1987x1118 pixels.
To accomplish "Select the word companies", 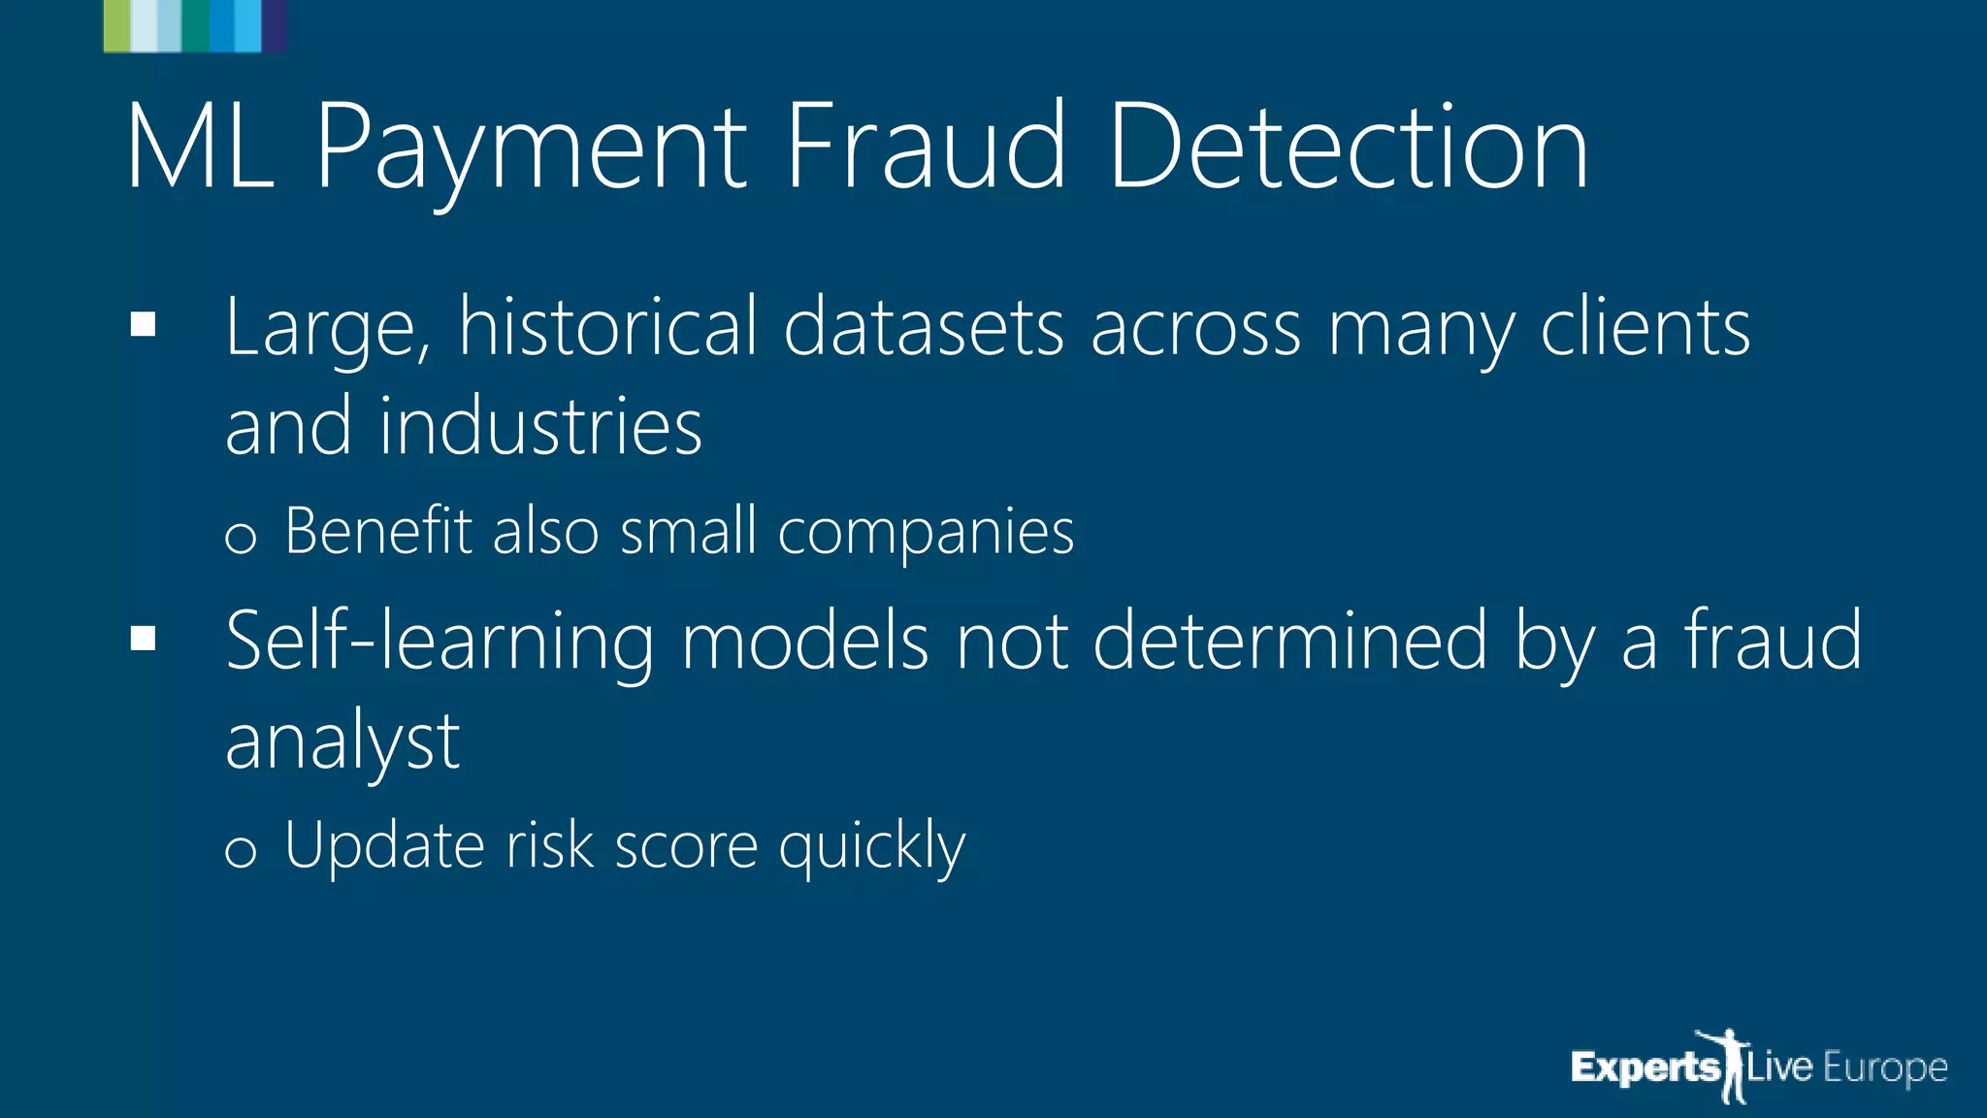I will [x=926, y=533].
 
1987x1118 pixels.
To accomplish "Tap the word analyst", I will [x=342, y=742].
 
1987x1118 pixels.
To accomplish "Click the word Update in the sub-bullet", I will [x=383, y=846].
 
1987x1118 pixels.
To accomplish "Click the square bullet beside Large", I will [x=143, y=325].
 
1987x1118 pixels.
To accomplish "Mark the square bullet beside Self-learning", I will [x=143, y=638].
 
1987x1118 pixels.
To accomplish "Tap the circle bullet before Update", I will [x=240, y=851].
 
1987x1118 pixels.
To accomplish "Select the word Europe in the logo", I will [x=1885, y=1068].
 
